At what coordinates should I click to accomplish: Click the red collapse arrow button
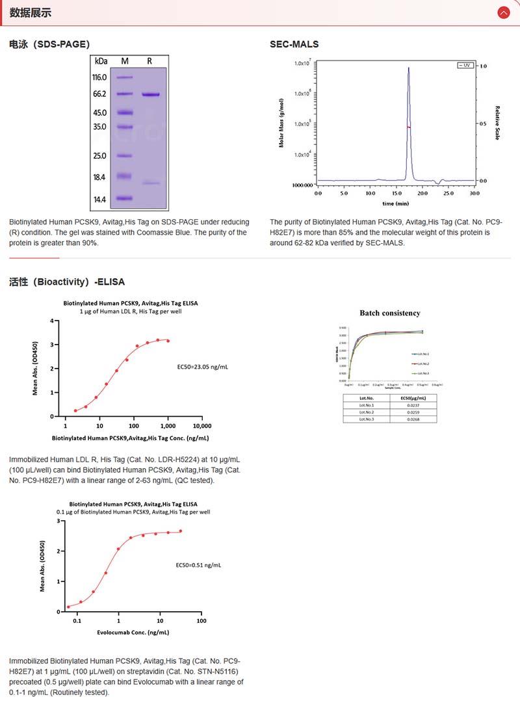coord(503,12)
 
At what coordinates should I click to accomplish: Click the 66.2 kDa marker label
coord(99,94)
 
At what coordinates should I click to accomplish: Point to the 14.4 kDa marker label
coord(99,200)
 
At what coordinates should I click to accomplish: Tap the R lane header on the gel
coord(149,61)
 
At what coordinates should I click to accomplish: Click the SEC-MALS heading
coord(294,44)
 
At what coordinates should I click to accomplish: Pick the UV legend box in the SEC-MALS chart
coord(466,66)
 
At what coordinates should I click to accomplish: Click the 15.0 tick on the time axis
coord(396,193)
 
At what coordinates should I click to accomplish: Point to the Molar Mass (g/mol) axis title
coord(281,124)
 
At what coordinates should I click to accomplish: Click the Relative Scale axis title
coord(497,123)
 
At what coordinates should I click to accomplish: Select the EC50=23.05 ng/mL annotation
coord(203,367)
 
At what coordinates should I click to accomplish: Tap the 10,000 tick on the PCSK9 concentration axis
coord(201,426)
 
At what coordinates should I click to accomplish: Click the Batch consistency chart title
coord(390,313)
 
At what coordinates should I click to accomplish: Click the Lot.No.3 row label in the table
coord(367,419)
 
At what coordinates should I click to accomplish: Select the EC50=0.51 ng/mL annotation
coord(199,565)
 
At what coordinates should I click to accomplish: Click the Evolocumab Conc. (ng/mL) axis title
coord(133,633)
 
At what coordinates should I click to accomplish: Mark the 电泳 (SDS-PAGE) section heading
coord(49,44)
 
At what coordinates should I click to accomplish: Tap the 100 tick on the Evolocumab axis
coord(201,621)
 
